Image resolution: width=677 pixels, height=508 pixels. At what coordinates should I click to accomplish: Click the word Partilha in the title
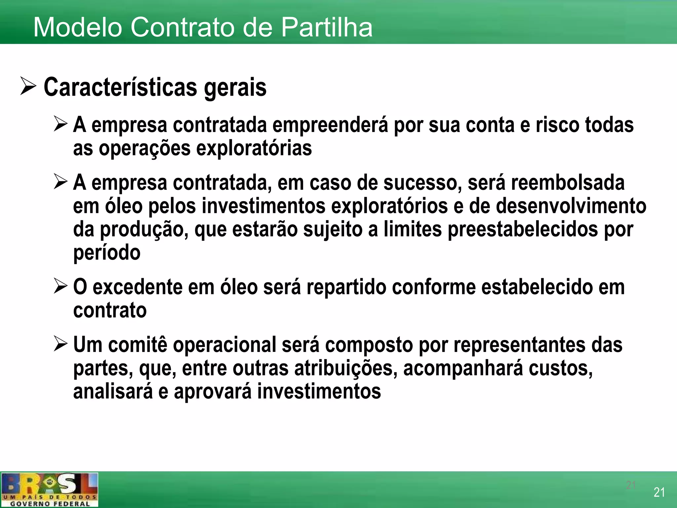(x=327, y=27)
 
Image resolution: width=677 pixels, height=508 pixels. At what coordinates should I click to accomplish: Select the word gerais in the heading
(x=235, y=88)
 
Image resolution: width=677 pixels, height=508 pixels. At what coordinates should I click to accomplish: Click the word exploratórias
(x=254, y=148)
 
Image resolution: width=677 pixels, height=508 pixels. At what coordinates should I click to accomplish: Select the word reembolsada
(x=568, y=183)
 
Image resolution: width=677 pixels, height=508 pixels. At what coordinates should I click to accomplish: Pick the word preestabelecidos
(x=523, y=230)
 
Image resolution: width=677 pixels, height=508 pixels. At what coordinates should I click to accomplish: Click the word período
(x=107, y=253)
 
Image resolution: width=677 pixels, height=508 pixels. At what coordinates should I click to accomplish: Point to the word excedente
(x=137, y=287)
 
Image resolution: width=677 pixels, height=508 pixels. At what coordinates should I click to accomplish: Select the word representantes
(x=519, y=345)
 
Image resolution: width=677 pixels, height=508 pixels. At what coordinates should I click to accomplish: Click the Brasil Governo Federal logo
(x=50, y=490)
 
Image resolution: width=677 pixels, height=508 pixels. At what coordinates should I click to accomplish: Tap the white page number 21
(x=659, y=492)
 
